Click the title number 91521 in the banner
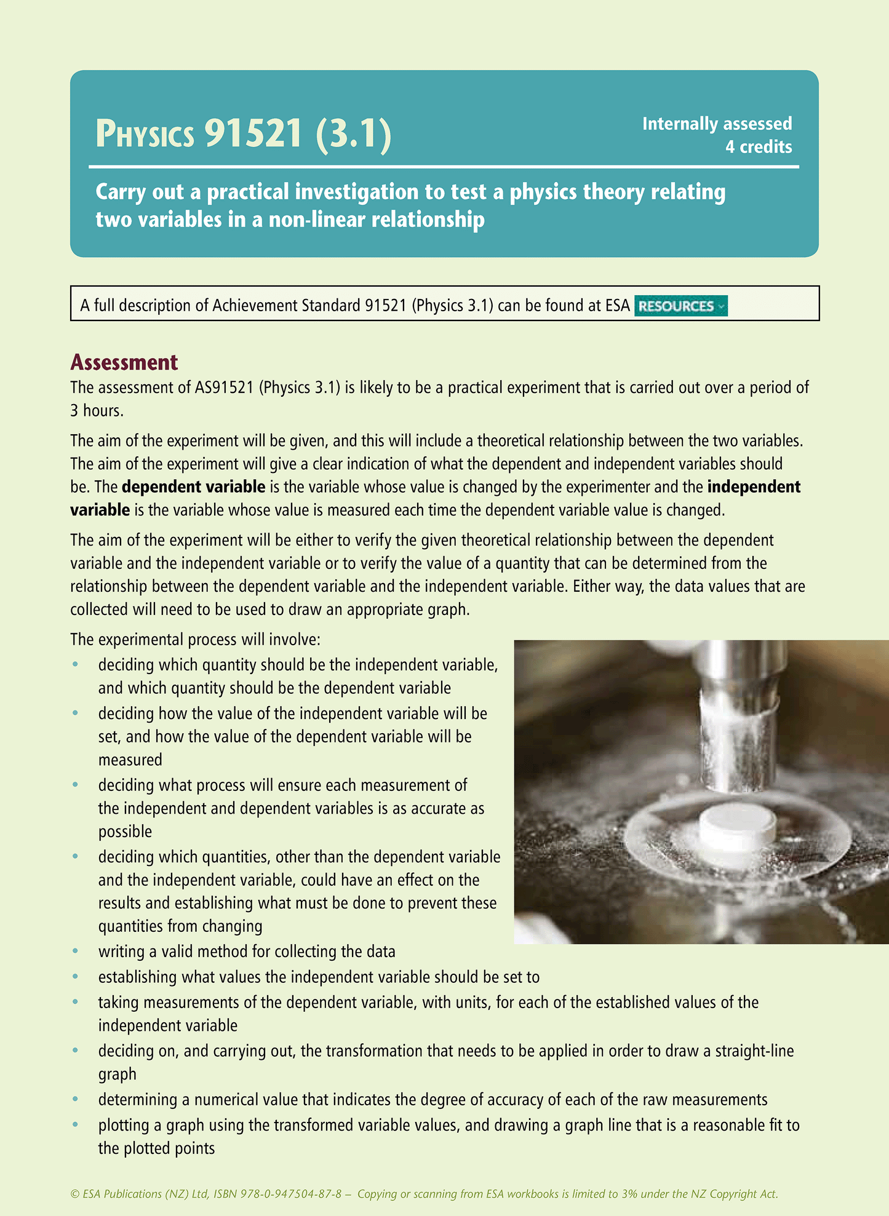pos(253,133)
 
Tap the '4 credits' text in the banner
pos(758,147)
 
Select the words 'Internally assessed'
pos(717,124)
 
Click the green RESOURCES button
pos(680,306)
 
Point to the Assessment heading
pos(124,362)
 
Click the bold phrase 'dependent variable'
pos(193,487)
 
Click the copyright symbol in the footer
pos(75,1194)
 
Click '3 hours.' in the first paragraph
pos(97,411)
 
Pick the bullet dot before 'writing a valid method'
pos(76,952)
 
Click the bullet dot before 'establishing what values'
pos(76,977)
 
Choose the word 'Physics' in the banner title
pos(145,134)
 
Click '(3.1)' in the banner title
pos(354,133)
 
